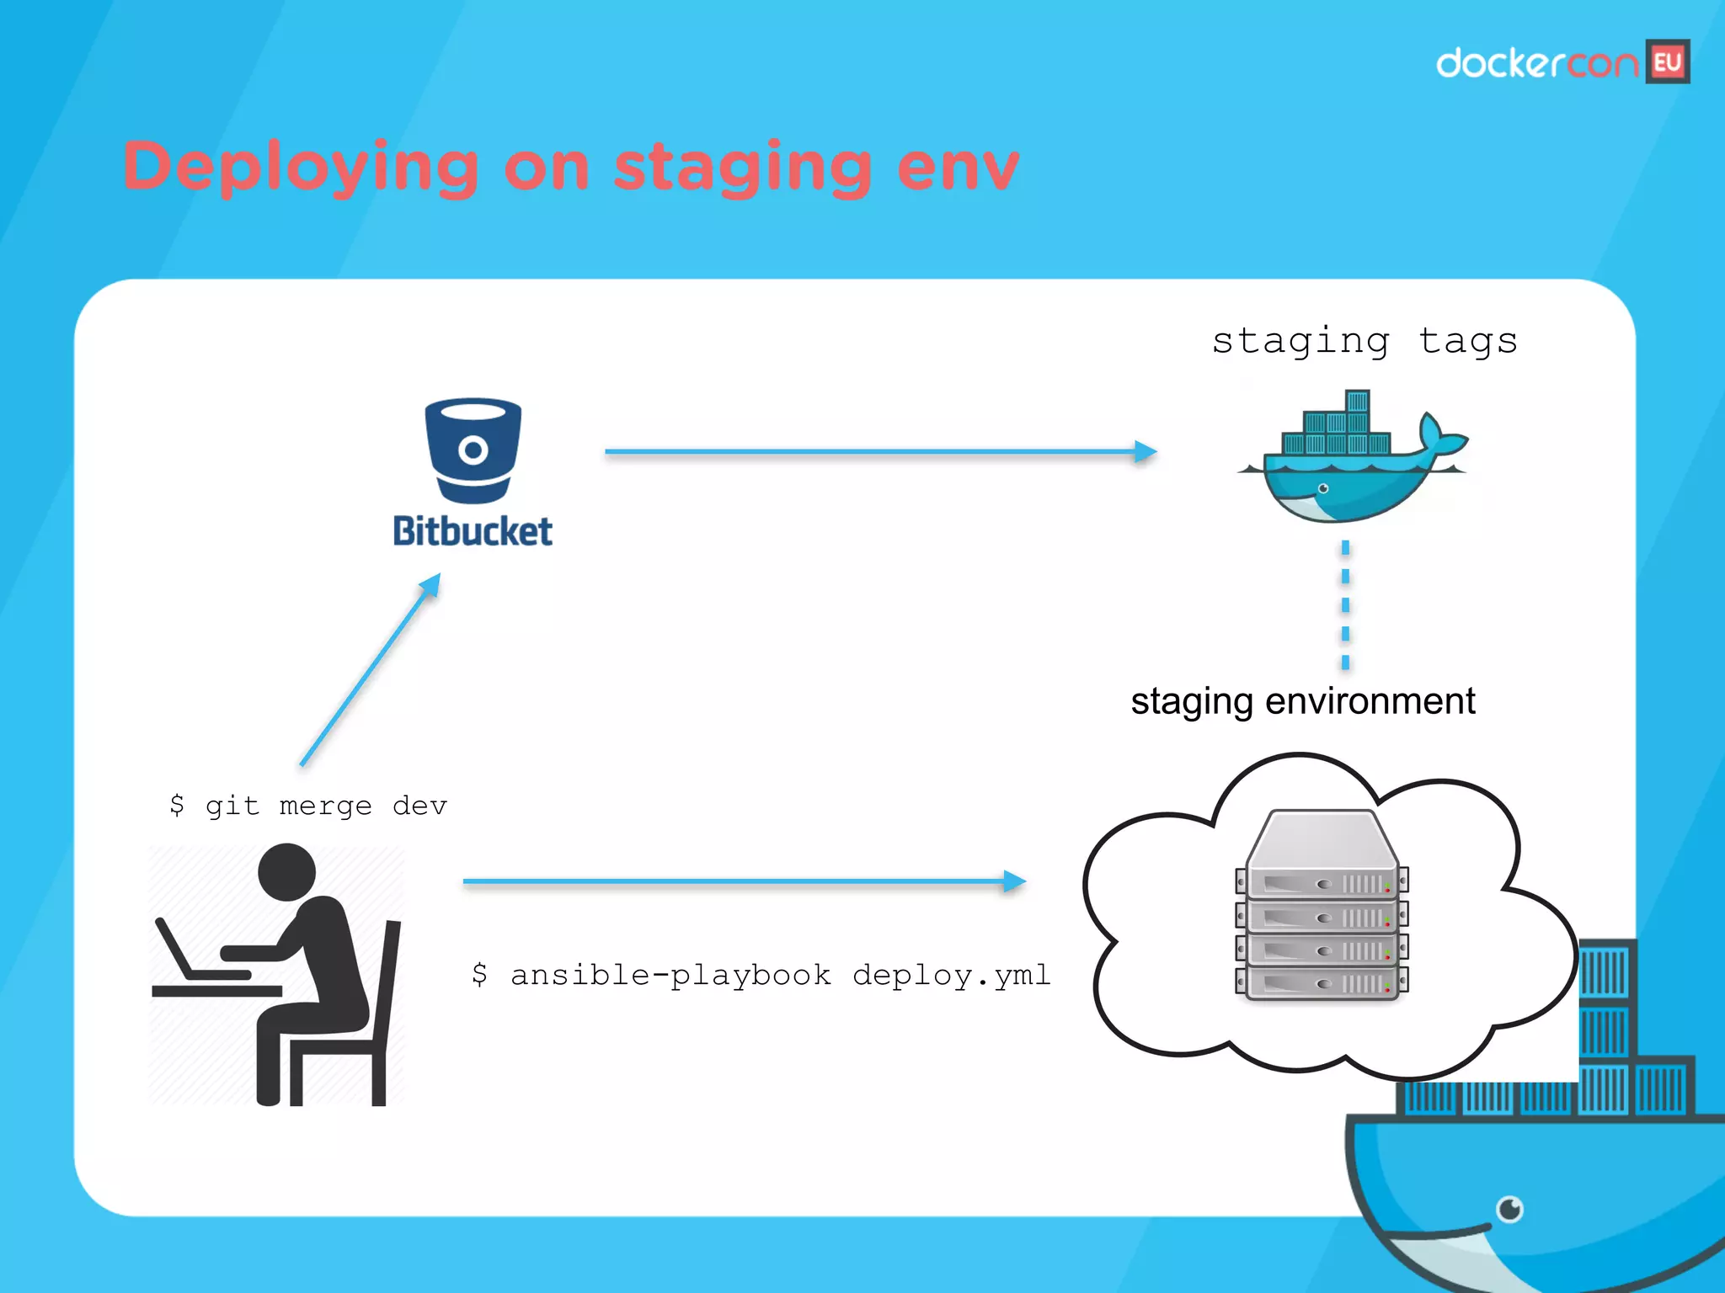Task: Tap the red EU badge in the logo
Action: click(1668, 62)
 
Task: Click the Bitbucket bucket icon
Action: click(473, 450)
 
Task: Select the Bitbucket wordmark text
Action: click(473, 531)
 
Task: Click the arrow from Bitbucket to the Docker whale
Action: click(876, 452)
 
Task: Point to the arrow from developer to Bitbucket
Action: click(371, 669)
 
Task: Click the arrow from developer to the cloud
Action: click(741, 881)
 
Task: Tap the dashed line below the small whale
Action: click(1345, 604)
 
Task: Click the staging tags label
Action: click(1365, 341)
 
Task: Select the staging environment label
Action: click(1302, 701)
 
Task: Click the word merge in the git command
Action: click(325, 806)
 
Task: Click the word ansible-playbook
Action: click(670, 975)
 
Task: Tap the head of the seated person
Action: click(287, 872)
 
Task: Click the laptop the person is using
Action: click(190, 955)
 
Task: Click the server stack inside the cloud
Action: click(1322, 909)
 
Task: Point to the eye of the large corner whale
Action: click(1509, 1210)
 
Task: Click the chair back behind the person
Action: click(390, 993)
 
